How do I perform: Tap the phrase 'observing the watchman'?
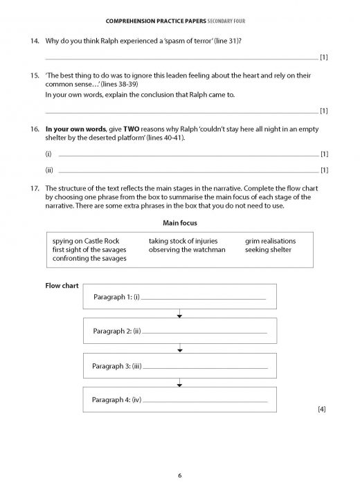click(x=187, y=250)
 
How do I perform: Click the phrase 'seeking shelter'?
click(x=269, y=250)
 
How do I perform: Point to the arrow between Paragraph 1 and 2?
click(x=180, y=315)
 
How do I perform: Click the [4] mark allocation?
click(x=321, y=410)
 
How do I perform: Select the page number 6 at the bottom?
click(x=179, y=476)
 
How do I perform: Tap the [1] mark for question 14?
click(x=323, y=57)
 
